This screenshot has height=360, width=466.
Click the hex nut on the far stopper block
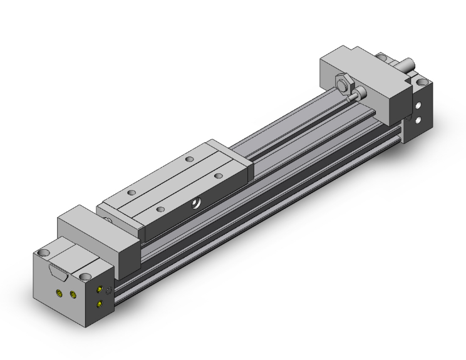(343, 83)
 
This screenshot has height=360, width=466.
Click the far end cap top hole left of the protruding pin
(381, 57)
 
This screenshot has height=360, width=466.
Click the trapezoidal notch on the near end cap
(56, 272)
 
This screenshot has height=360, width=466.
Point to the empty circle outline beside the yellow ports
(109, 290)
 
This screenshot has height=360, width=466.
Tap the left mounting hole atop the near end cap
(43, 253)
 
